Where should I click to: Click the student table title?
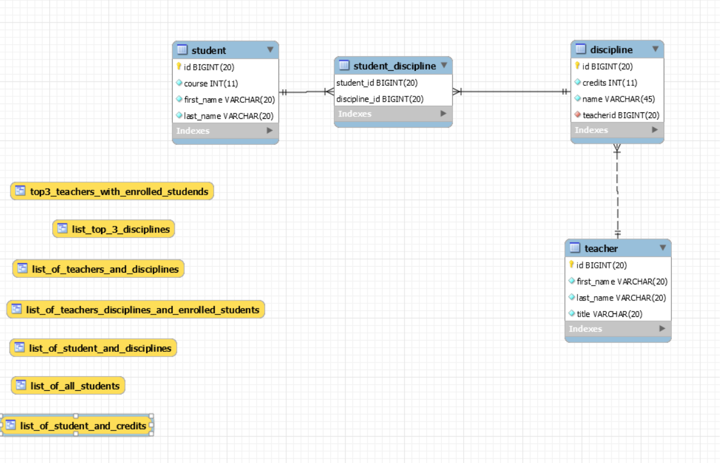[208, 50]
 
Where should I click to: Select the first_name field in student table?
[229, 100]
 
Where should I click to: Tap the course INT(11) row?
[211, 83]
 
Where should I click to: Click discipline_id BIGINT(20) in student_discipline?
[380, 99]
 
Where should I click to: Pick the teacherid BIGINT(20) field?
[620, 115]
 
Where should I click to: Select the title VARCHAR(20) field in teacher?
[609, 314]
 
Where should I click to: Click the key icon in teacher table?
[571, 265]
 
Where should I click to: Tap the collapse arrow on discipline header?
[655, 49]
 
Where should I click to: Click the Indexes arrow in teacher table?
[662, 329]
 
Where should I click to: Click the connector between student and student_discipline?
[306, 92]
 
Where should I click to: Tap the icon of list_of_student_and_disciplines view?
[20, 348]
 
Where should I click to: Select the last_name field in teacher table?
[621, 297]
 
